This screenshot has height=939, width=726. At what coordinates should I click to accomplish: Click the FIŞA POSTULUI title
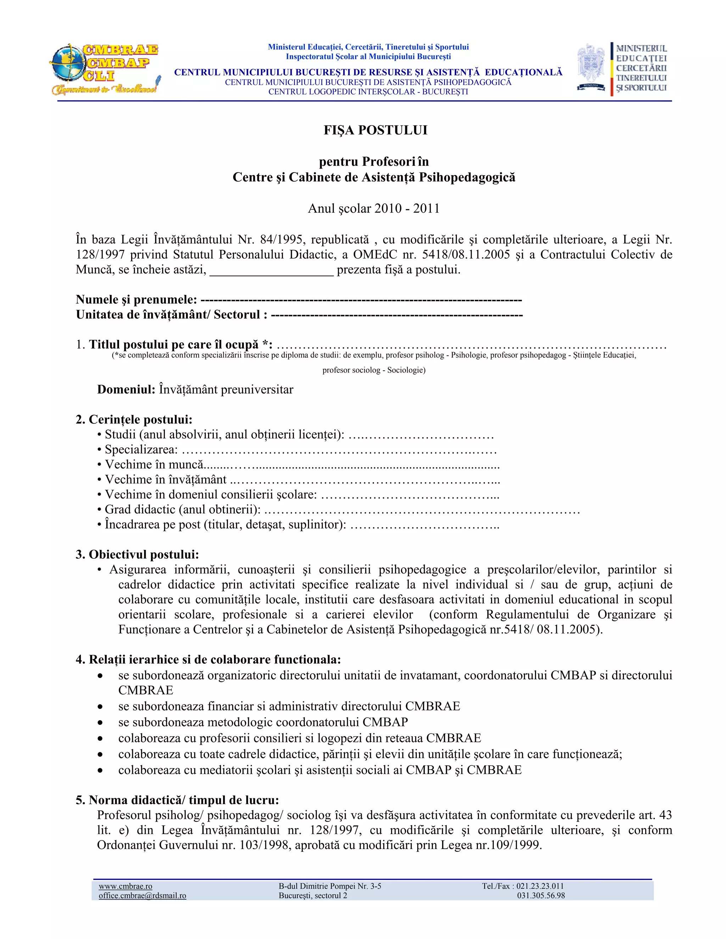point(375,130)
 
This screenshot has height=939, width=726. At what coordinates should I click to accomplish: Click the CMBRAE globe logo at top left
point(105,69)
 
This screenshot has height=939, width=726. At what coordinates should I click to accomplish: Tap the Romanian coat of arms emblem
point(591,67)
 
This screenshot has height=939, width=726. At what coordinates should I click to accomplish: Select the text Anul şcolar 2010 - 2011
point(374,208)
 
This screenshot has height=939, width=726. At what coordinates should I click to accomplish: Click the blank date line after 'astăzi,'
point(272,270)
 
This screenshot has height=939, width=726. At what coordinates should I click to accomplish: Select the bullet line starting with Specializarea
point(297,450)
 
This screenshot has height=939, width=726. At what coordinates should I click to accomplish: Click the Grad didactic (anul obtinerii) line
point(338,510)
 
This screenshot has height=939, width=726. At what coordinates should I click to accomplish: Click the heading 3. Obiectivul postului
point(137,555)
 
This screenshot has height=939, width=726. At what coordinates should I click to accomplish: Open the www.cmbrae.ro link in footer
point(125,886)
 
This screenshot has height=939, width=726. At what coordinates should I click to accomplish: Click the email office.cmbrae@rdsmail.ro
point(143,895)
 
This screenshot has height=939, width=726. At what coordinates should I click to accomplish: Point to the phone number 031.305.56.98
point(541,895)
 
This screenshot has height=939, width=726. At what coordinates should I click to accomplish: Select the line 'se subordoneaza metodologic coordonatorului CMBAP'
point(263,722)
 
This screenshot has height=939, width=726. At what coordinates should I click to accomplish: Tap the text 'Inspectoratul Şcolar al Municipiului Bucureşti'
point(368,56)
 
